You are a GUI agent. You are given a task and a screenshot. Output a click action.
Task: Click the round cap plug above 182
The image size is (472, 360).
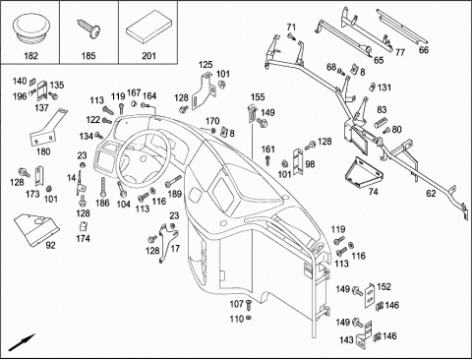click(29, 29)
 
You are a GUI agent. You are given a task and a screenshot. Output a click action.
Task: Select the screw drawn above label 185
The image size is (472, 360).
click(88, 30)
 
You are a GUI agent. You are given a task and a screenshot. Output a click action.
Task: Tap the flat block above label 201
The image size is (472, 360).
click(148, 27)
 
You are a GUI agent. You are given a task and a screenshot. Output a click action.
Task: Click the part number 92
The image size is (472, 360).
click(50, 245)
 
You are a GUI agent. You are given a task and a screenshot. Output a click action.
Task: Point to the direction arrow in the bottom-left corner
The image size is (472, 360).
click(22, 342)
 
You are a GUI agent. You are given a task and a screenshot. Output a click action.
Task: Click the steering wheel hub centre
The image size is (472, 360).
click(144, 159)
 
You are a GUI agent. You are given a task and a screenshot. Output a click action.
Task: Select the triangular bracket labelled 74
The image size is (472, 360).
click(363, 173)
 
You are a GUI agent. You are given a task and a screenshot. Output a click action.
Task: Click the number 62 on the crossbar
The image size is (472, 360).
click(431, 194)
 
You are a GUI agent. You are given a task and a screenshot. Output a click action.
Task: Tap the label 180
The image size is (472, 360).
click(43, 151)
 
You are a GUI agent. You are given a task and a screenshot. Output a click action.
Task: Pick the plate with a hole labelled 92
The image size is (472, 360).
click(36, 229)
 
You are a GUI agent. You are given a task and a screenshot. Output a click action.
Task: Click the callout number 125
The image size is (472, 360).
click(206, 65)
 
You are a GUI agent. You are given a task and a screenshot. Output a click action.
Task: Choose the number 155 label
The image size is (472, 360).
click(258, 97)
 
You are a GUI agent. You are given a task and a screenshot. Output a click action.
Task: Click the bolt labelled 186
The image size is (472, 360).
click(103, 188)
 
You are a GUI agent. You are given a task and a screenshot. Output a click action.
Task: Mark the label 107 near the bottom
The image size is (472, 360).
click(237, 304)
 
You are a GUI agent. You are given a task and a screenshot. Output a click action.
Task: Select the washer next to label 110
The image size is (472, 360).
click(249, 318)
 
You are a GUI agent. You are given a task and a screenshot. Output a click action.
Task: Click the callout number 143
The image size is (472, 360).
click(346, 340)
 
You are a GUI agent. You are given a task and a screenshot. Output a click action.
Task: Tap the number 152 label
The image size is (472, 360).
click(383, 286)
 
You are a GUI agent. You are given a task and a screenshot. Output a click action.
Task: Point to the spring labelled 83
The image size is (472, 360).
click(381, 122)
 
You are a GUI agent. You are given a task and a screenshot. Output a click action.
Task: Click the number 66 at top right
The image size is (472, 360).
click(424, 50)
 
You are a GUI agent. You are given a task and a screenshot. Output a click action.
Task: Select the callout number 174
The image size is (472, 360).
click(83, 238)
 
